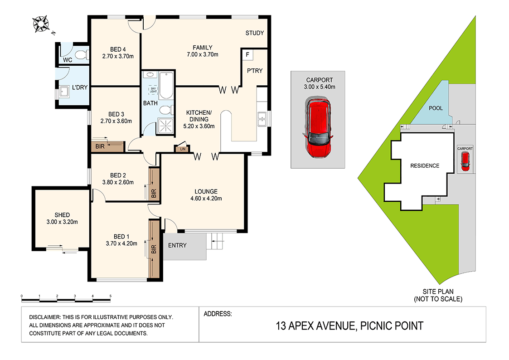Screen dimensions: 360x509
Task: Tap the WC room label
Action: point(68,60)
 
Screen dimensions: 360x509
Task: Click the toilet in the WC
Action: point(81,55)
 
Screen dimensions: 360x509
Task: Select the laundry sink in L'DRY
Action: point(64,92)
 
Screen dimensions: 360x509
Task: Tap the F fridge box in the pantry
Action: point(247,55)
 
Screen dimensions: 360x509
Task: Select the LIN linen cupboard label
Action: point(183,149)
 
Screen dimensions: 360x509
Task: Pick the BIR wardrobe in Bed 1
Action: point(155,248)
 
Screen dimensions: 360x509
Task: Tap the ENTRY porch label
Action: point(177,245)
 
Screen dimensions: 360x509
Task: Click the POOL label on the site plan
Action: point(436,108)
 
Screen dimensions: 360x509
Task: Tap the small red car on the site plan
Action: point(465,161)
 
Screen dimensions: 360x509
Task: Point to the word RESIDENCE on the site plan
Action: point(425,165)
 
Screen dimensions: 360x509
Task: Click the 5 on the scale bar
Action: point(110,296)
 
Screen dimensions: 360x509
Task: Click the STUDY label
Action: point(254,33)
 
